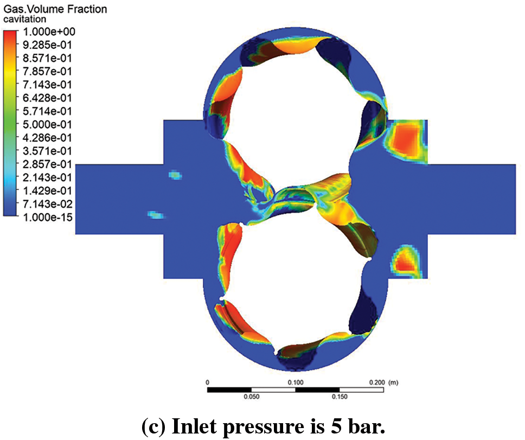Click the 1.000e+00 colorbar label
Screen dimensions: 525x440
[49, 32]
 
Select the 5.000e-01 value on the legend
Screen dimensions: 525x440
[47, 125]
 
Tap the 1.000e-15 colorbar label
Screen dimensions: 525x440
[48, 218]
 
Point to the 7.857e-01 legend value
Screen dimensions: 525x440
[47, 71]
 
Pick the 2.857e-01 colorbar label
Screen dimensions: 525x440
[47, 164]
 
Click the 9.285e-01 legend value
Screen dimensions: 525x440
[47, 45]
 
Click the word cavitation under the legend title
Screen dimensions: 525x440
[25, 19]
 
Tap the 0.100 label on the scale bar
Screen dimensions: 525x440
[295, 382]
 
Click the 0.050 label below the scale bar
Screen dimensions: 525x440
[252, 397]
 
